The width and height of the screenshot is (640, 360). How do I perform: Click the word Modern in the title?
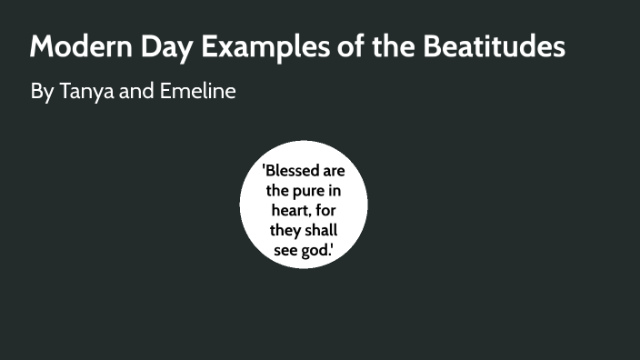[75, 46]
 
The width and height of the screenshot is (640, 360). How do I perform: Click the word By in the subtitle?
[42, 92]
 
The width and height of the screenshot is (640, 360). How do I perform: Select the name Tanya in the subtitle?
[83, 92]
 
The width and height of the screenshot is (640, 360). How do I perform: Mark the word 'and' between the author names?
[134, 92]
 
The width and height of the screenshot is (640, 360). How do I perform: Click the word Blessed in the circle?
[290, 172]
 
